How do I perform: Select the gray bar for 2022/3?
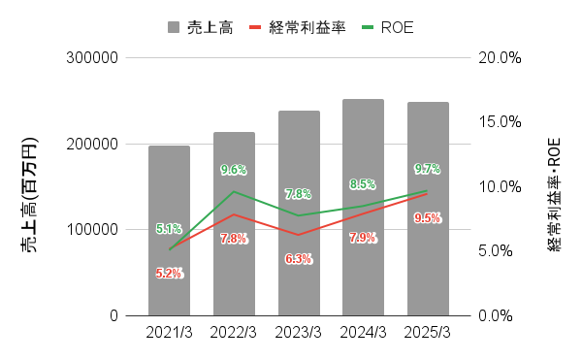pyautogui.click(x=234, y=224)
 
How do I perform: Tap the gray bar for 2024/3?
pyautogui.click(x=363, y=208)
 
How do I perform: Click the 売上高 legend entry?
pyautogui.click(x=199, y=26)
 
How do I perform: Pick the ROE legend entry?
pyautogui.click(x=388, y=26)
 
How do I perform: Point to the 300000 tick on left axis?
pyautogui.click(x=92, y=58)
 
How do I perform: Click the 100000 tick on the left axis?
pyautogui.click(x=92, y=230)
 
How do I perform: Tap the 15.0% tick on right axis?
pyautogui.click(x=501, y=122)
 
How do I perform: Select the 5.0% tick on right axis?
pyautogui.click(x=501, y=251)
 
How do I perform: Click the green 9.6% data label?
pyautogui.click(x=234, y=170)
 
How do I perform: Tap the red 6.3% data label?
pyautogui.click(x=299, y=258)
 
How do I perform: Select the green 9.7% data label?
pyautogui.click(x=428, y=169)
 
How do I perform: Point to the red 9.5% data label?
pyautogui.click(x=428, y=218)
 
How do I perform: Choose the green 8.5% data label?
pyautogui.click(x=363, y=183)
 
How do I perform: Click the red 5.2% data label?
pyautogui.click(x=169, y=274)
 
